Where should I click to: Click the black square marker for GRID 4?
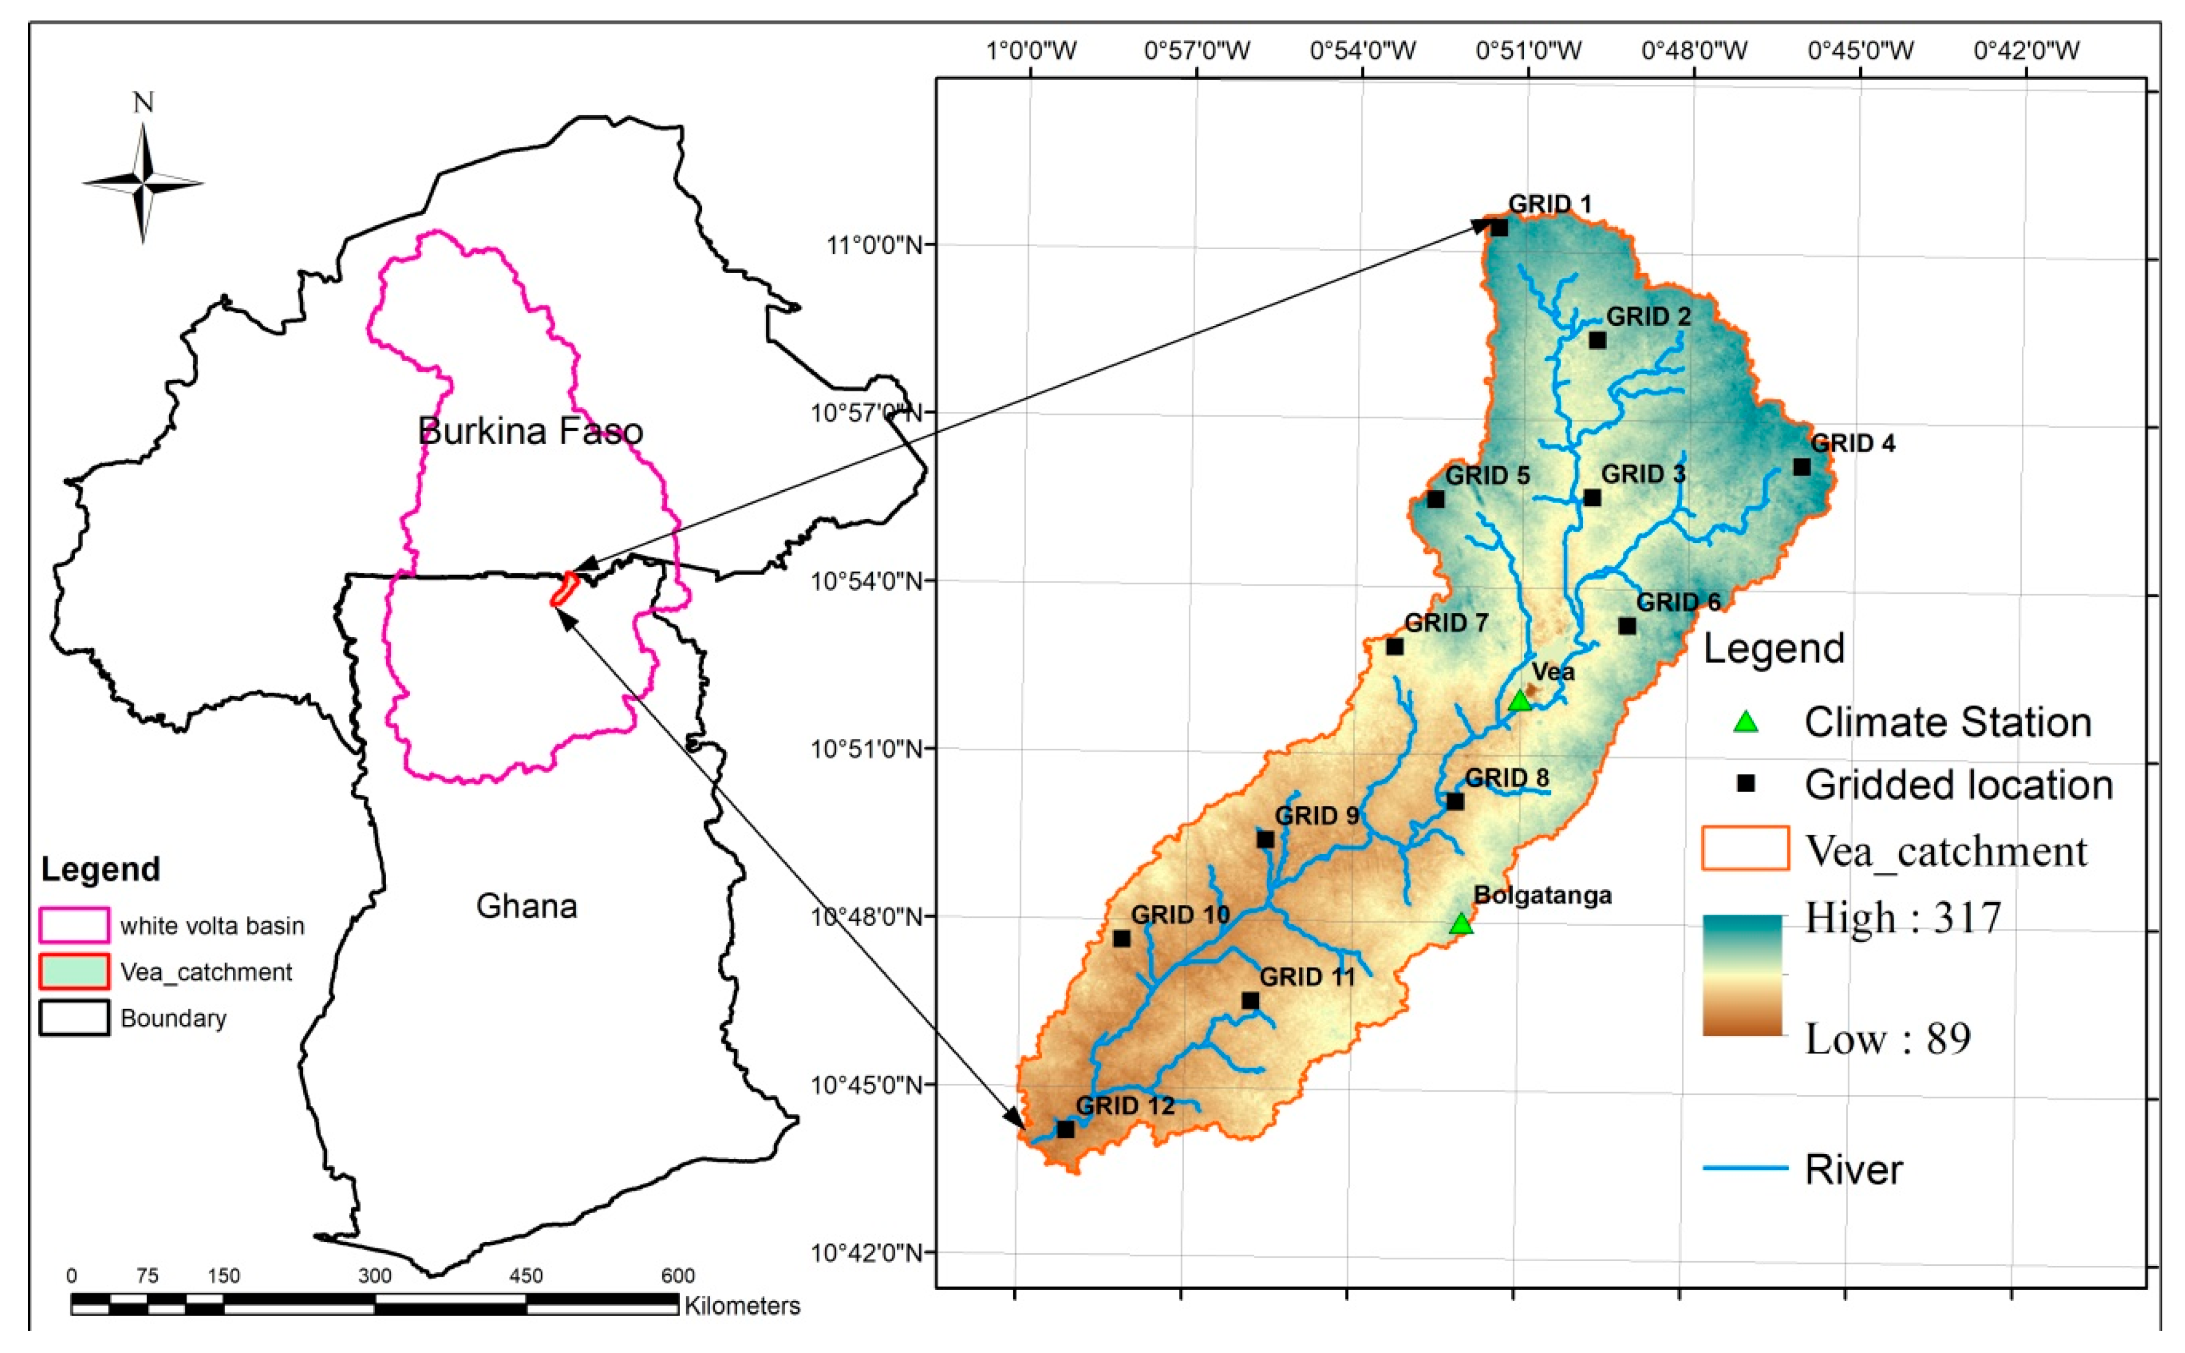[x=1801, y=467]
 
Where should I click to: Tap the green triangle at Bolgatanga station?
[x=1460, y=924]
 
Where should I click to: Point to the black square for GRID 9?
[x=1264, y=839]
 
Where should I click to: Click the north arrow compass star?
[x=143, y=182]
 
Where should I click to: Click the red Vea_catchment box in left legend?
[x=74, y=971]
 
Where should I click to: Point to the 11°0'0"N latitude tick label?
[x=873, y=245]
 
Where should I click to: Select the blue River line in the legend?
[x=1744, y=1168]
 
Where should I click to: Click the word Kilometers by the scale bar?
[x=742, y=1306]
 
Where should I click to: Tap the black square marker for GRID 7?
[x=1394, y=646]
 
